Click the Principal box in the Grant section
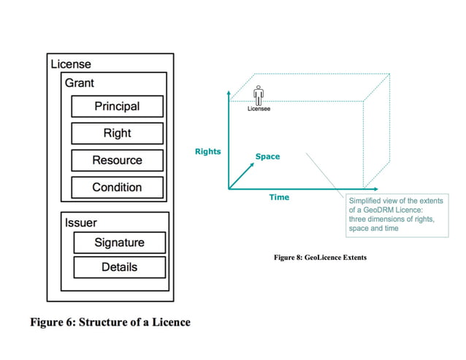pyautogui.click(x=116, y=107)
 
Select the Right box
pyautogui.click(x=116, y=134)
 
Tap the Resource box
pyautogui.click(x=116, y=161)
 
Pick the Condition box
pyautogui.click(x=116, y=188)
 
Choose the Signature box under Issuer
pyautogui.click(x=119, y=242)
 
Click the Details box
pyautogui.click(x=119, y=267)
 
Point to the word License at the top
pyautogui.click(x=71, y=64)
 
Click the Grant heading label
pyautogui.click(x=80, y=83)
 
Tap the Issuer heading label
pyautogui.click(x=81, y=223)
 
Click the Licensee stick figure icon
pyautogui.click(x=258, y=94)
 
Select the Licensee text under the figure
pyautogui.click(x=258, y=109)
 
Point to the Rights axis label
pyautogui.click(x=207, y=152)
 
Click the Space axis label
pyautogui.click(x=267, y=157)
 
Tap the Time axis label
pyautogui.click(x=279, y=197)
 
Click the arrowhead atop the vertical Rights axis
pyautogui.click(x=229, y=93)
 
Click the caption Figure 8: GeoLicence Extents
pyautogui.click(x=320, y=258)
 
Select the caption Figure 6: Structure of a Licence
pyautogui.click(x=109, y=321)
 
